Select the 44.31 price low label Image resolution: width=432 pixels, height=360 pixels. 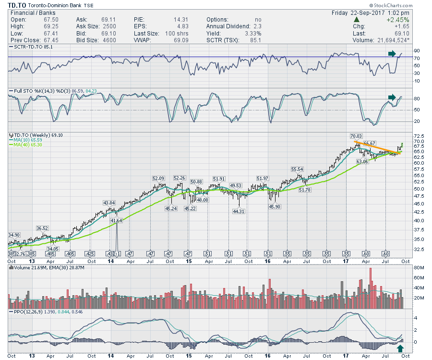[239, 211]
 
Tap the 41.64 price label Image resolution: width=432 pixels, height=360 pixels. [117, 220]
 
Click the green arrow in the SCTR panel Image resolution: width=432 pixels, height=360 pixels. [392, 54]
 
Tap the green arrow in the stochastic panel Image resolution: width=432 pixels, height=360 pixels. [392, 97]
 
